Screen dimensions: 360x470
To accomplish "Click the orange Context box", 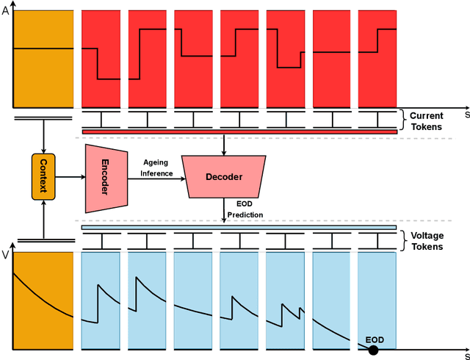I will point(43,176).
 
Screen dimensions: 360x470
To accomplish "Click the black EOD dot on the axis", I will point(373,350).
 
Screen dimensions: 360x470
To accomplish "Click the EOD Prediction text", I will point(245,209).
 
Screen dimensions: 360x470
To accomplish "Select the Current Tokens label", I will point(426,121).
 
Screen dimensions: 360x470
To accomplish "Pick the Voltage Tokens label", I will point(427,242).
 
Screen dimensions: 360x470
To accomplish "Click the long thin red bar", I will point(239,132).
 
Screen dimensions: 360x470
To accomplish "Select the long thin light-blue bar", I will point(239,228).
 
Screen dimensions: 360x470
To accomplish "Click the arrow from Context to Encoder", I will point(70,176).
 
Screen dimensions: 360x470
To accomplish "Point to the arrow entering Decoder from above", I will point(223,145).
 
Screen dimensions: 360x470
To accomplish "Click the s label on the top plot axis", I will point(466,115).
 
